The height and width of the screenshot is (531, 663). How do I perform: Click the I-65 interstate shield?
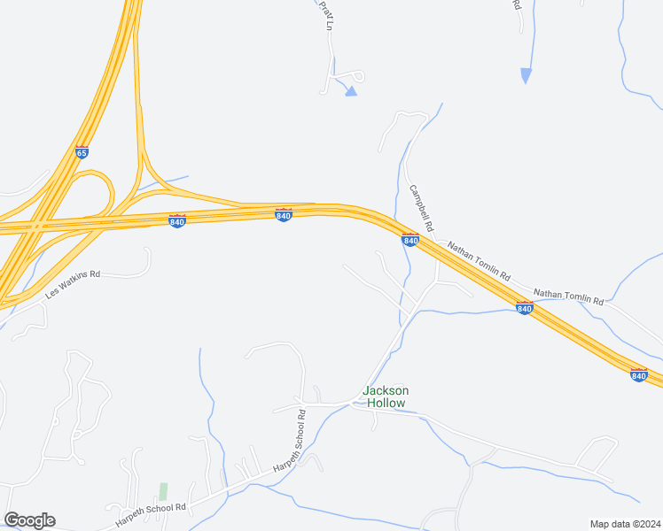(x=82, y=152)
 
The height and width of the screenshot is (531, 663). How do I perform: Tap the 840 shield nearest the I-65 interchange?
(x=177, y=220)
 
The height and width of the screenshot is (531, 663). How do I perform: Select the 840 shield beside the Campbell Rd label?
(x=409, y=239)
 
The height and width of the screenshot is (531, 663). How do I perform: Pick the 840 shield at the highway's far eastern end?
(x=638, y=374)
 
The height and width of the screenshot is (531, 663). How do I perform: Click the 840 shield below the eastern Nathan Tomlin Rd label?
(x=524, y=307)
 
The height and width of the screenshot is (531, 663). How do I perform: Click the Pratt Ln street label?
(x=325, y=15)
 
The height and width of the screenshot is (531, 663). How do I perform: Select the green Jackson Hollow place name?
(x=385, y=396)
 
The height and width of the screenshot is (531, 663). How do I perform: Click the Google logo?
(x=29, y=520)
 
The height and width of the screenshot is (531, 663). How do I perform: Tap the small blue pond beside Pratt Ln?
(x=351, y=90)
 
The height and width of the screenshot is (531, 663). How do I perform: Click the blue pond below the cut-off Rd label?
(x=526, y=75)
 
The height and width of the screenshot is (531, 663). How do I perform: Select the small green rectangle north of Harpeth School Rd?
(x=163, y=490)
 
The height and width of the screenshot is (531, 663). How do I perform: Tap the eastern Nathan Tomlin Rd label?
(x=568, y=296)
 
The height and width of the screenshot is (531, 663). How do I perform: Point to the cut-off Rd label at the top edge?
(x=517, y=4)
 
